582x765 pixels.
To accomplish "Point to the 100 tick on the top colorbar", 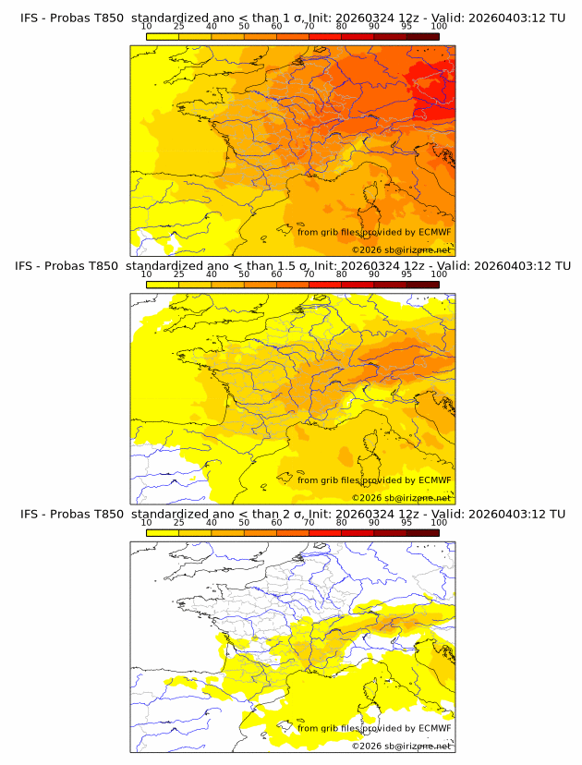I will point(439,27).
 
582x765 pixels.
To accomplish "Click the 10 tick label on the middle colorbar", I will point(146,274).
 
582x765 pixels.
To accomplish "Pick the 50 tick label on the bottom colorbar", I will point(244,523).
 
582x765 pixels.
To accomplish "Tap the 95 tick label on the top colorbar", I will point(406,27).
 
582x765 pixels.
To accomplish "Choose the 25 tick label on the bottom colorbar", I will point(178,523).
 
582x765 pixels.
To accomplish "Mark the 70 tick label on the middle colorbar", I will point(309,274).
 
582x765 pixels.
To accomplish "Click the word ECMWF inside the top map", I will point(434,232).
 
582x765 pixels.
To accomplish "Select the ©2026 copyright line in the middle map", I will point(401,498).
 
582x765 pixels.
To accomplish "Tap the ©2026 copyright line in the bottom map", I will point(401,746).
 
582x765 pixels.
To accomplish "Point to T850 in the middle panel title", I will point(105,265).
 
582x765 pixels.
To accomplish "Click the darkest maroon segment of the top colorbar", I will point(422,36).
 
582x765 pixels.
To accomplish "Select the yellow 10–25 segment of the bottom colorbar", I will point(163,532).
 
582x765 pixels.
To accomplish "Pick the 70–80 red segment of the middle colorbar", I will point(324,284).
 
